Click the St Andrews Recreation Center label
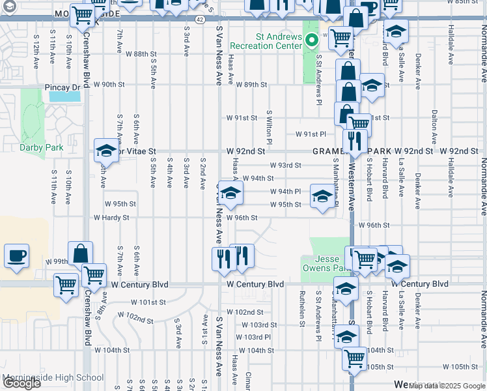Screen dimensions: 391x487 coord(270,42)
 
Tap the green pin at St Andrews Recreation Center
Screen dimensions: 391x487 coord(312,41)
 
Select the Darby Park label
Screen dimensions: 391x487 coord(41,147)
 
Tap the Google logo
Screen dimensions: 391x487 coord(21,383)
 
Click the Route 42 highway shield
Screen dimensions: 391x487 coord(200,20)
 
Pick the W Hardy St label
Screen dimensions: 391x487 coord(111,218)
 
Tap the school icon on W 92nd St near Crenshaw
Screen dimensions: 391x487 coord(105,150)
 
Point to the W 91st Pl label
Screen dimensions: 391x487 coord(310,134)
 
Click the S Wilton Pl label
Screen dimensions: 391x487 coord(268,126)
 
